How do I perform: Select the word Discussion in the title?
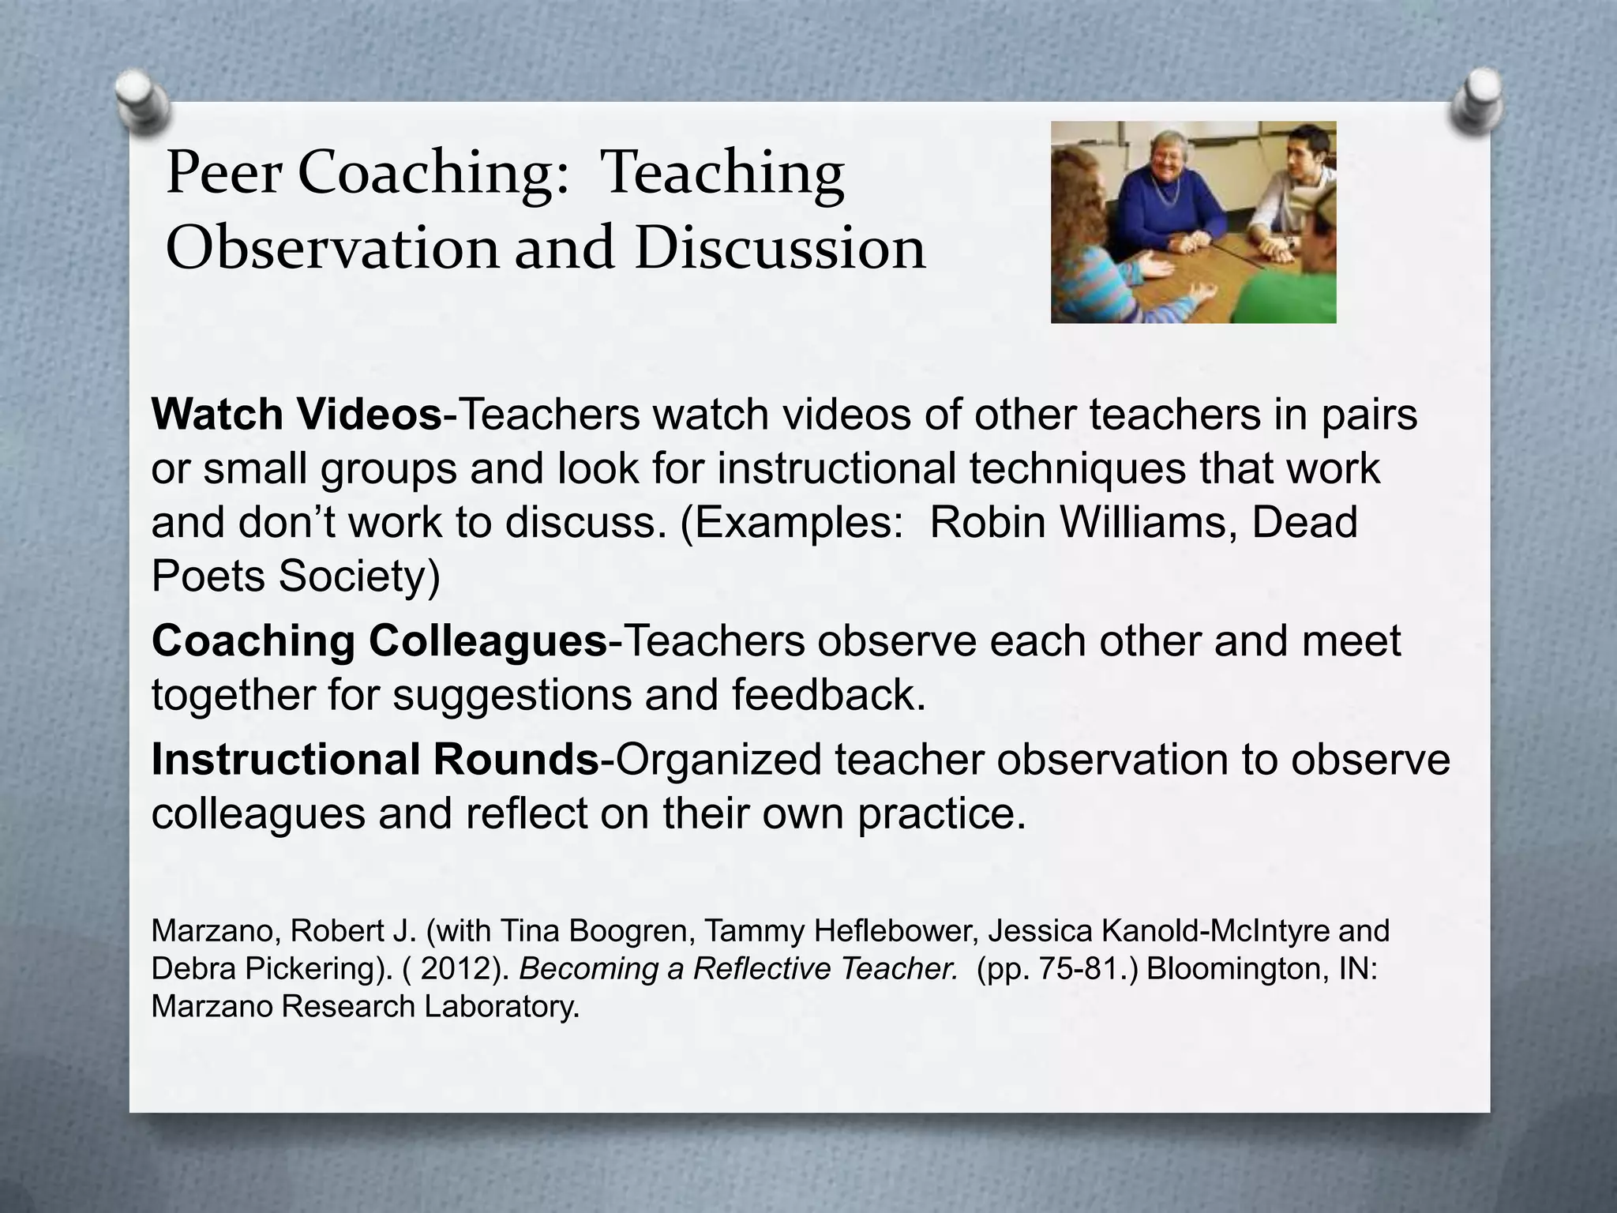(x=779, y=248)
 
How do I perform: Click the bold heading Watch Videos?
(x=297, y=415)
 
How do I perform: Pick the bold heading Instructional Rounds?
(x=376, y=759)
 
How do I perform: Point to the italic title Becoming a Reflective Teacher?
(x=737, y=969)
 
